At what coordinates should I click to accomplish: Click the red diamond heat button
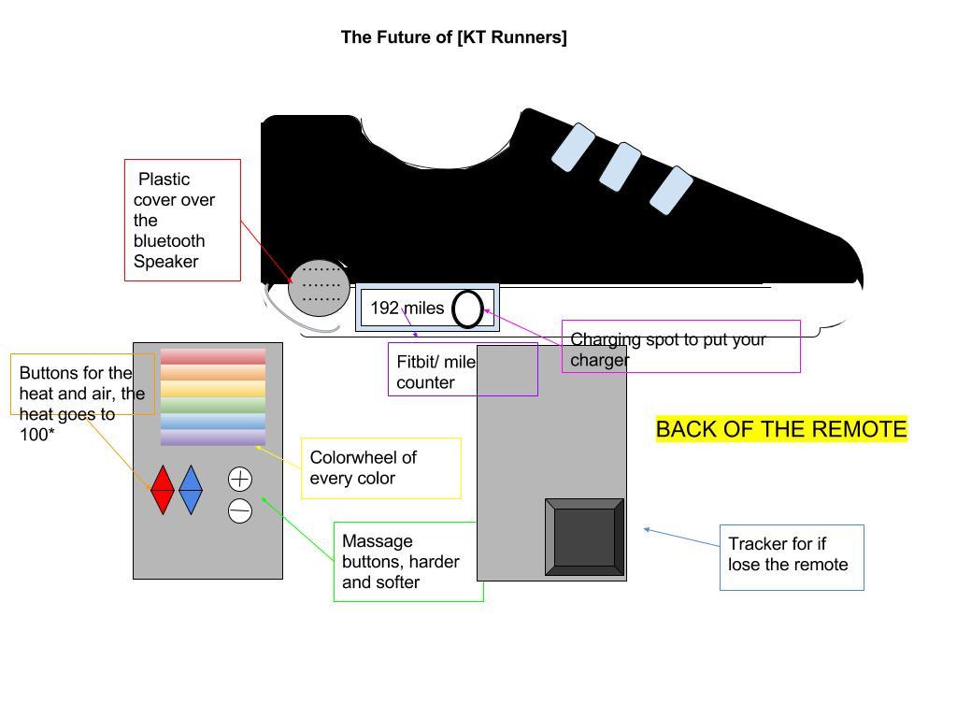coord(163,490)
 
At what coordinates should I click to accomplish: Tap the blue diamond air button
coord(191,490)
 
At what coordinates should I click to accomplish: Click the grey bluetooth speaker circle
coord(319,288)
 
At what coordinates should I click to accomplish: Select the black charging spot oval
coord(467,309)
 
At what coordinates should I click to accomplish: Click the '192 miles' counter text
coord(407,308)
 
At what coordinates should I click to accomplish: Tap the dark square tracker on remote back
coord(584,538)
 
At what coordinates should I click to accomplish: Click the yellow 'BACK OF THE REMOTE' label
coord(781,429)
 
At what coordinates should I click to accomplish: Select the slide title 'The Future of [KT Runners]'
coord(453,37)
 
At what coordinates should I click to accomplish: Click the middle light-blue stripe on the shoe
coord(620,167)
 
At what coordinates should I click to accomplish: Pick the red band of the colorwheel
coord(213,356)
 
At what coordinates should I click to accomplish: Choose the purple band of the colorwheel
coord(213,438)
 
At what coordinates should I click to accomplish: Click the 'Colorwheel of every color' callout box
coord(380,468)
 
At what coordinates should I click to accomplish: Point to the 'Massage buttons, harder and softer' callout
coord(407,561)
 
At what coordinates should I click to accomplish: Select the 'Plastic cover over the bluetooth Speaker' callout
coord(182,220)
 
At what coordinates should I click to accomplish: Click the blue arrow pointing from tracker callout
coord(682,538)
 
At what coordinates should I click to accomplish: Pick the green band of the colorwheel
coord(213,406)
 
